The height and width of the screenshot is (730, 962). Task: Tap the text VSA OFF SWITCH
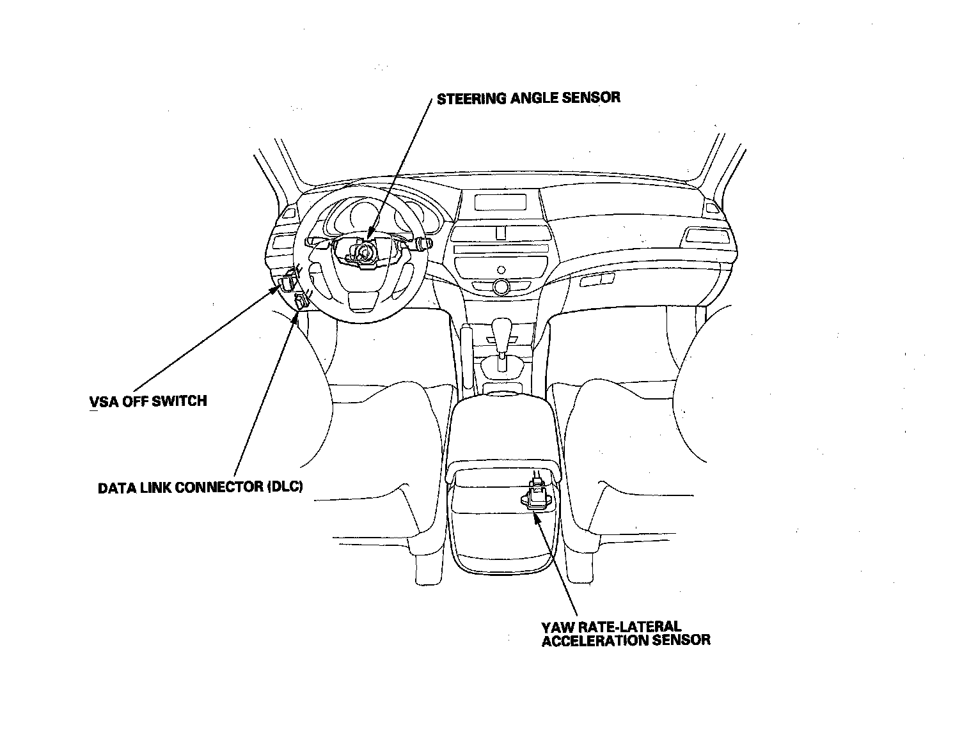[148, 401]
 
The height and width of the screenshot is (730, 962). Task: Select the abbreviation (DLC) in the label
[283, 487]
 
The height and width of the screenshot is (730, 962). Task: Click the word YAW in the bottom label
[556, 627]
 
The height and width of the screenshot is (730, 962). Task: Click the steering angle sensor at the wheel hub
[362, 251]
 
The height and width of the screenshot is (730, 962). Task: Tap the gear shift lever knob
[502, 332]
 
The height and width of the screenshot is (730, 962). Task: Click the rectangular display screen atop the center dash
[500, 203]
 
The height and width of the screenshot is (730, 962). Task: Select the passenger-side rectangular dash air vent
[707, 237]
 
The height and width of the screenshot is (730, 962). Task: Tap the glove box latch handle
[597, 279]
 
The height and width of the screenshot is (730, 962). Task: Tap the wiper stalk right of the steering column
[423, 244]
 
